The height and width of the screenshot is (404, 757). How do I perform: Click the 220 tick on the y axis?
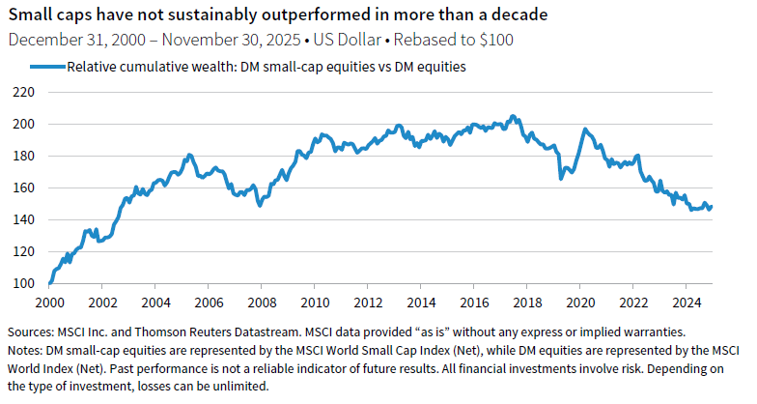point(23,93)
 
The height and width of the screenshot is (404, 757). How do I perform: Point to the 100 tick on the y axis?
point(23,283)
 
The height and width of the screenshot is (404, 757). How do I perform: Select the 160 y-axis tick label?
point(23,188)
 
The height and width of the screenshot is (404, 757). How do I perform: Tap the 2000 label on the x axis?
point(49,301)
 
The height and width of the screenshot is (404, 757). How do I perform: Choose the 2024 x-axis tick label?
point(686,301)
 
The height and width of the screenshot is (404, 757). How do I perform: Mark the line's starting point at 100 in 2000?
point(49,283)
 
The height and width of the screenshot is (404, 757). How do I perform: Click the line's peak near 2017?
point(513,116)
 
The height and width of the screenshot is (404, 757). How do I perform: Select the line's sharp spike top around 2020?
point(583,129)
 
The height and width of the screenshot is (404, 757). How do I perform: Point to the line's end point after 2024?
point(712,206)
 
